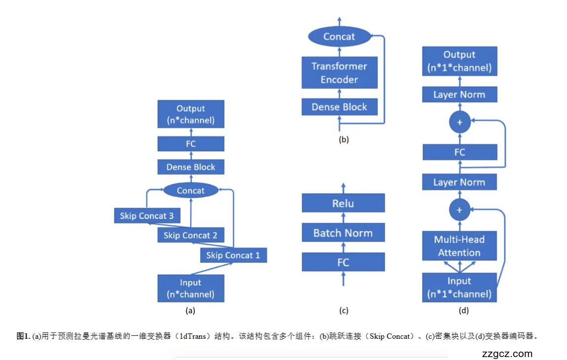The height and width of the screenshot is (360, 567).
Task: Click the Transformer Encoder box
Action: [x=339, y=73]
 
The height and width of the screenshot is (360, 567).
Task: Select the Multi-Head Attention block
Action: [x=460, y=246]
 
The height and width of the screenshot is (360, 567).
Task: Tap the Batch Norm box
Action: [x=343, y=233]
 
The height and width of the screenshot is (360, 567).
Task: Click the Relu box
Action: [x=343, y=203]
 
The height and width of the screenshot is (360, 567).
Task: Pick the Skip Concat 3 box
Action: [x=146, y=216]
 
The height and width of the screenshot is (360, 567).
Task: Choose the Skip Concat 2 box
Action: [x=190, y=235]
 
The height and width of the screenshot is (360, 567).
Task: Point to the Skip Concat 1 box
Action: [x=233, y=255]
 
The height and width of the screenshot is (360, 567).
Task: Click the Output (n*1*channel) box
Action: [x=460, y=61]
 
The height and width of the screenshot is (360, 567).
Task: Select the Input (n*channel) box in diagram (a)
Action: [x=190, y=288]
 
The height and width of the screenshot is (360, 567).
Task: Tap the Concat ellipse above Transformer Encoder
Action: [x=339, y=36]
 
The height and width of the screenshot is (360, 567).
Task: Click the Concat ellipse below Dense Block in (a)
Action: [x=190, y=190]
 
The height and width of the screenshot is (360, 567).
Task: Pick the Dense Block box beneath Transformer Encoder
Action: [x=339, y=107]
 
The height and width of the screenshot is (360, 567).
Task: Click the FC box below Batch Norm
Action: [x=343, y=262]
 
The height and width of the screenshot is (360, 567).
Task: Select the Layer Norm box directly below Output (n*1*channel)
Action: [x=460, y=95]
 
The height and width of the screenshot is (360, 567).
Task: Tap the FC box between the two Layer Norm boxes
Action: [x=460, y=152]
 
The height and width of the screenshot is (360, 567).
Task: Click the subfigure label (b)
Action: [x=344, y=139]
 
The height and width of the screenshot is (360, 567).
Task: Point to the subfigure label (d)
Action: [x=463, y=310]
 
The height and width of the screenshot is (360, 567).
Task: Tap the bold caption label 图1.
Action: [x=23, y=336]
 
